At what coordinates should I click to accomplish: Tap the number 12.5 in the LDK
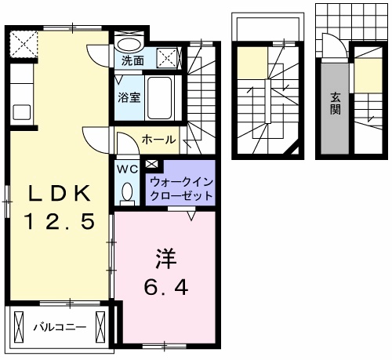(59, 222)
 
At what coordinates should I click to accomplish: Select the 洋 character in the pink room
(164, 256)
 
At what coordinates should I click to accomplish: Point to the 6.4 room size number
(165, 288)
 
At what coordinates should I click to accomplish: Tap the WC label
(126, 168)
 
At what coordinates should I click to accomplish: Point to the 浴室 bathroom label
(129, 98)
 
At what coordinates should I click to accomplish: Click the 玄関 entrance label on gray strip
(335, 104)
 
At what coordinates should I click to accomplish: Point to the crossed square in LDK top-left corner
(25, 42)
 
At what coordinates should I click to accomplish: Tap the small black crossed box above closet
(151, 165)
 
